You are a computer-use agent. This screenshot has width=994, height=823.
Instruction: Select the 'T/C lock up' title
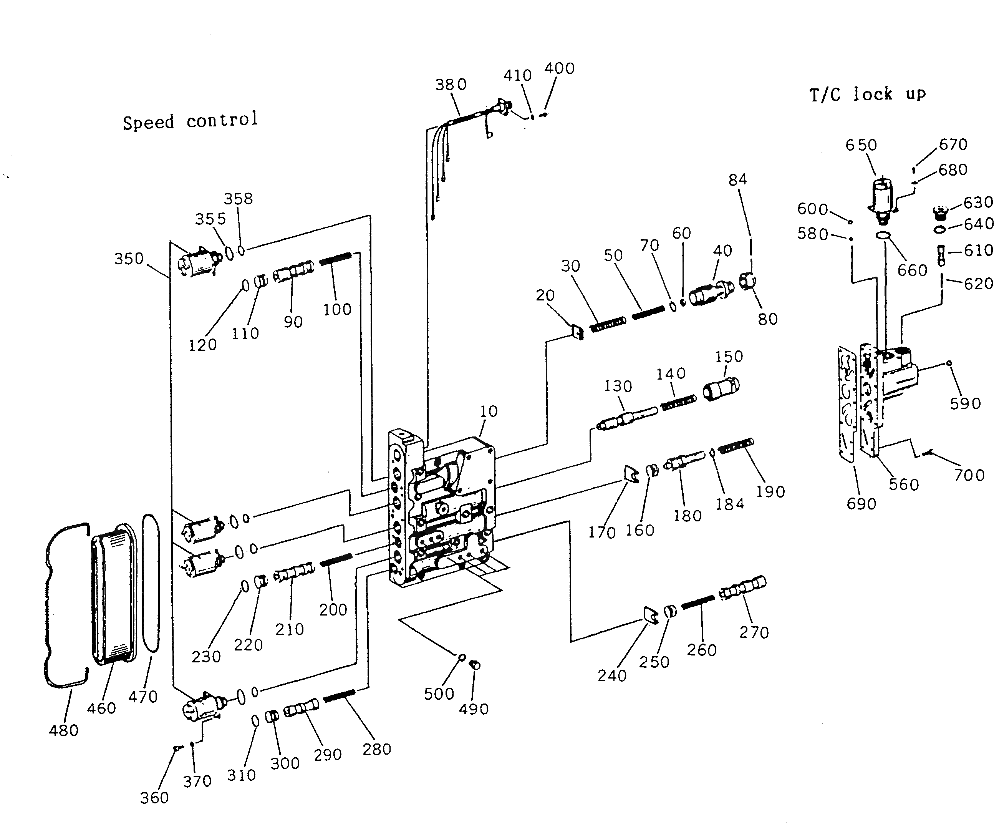coord(867,94)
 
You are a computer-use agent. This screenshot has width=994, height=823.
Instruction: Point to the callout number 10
coord(489,411)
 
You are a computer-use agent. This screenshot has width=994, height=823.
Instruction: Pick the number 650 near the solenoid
coord(861,144)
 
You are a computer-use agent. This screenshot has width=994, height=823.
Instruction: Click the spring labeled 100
coord(335,259)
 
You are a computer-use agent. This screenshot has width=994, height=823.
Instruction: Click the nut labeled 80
coord(747,281)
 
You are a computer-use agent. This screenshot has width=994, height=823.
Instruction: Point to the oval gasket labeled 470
coord(151,582)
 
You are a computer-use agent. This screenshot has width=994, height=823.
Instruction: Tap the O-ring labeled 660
coord(883,236)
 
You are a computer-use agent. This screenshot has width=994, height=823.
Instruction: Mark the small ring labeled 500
coord(462,657)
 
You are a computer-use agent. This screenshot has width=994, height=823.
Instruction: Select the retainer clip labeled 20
coord(578,332)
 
